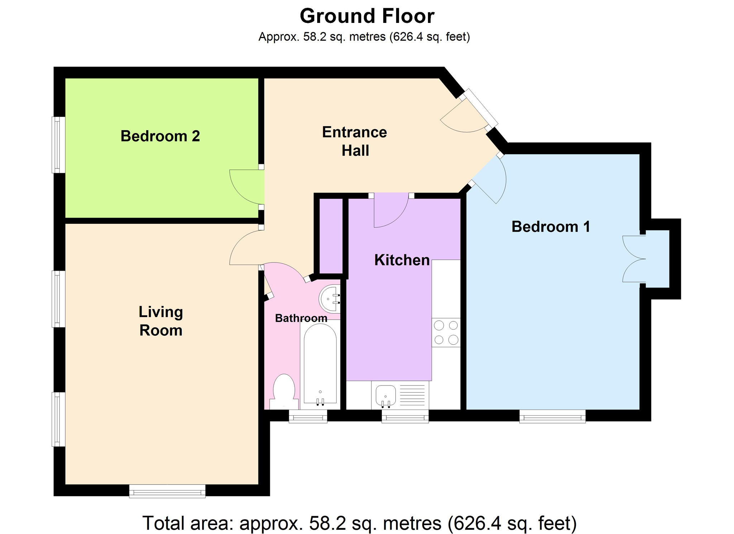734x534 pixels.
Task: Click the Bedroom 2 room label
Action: [x=160, y=136]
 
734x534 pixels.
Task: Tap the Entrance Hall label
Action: [x=355, y=141]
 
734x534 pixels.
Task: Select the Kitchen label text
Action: [x=402, y=260]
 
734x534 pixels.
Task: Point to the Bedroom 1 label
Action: [x=550, y=227]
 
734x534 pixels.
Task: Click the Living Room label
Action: [x=161, y=321]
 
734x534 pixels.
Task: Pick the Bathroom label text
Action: [x=301, y=318]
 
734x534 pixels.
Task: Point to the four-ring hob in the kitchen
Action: [x=446, y=332]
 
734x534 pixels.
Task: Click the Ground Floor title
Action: [x=367, y=16]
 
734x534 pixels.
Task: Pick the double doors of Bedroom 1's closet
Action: [x=634, y=259]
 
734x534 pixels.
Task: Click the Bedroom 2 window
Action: [x=58, y=145]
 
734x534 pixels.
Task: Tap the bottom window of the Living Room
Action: [x=167, y=491]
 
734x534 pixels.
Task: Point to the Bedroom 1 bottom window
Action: [x=553, y=416]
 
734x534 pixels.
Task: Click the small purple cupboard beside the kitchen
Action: [x=331, y=236]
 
